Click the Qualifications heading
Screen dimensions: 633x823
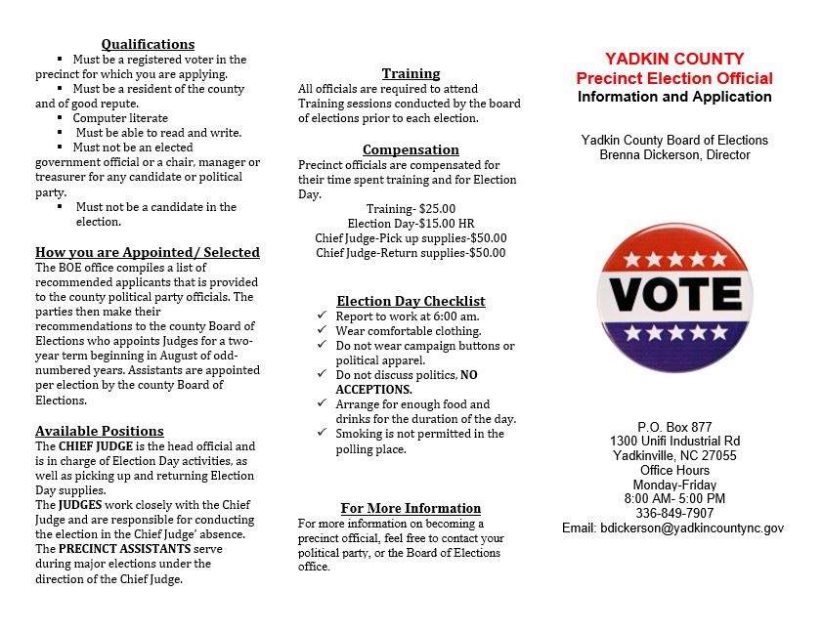tap(148, 44)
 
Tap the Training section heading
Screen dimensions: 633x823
tap(411, 73)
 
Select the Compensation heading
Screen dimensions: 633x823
tap(411, 149)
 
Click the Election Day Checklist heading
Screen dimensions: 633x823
tap(411, 301)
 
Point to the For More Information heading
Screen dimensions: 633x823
tap(411, 508)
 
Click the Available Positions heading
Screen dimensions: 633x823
tap(100, 431)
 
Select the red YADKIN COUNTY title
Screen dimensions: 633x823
tap(673, 59)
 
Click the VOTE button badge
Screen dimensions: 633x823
tap(674, 297)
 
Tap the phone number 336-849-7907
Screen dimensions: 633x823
tap(674, 513)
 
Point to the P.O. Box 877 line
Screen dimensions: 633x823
tap(674, 427)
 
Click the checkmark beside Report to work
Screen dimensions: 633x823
tap(323, 316)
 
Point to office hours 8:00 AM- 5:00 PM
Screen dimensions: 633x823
tap(674, 498)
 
